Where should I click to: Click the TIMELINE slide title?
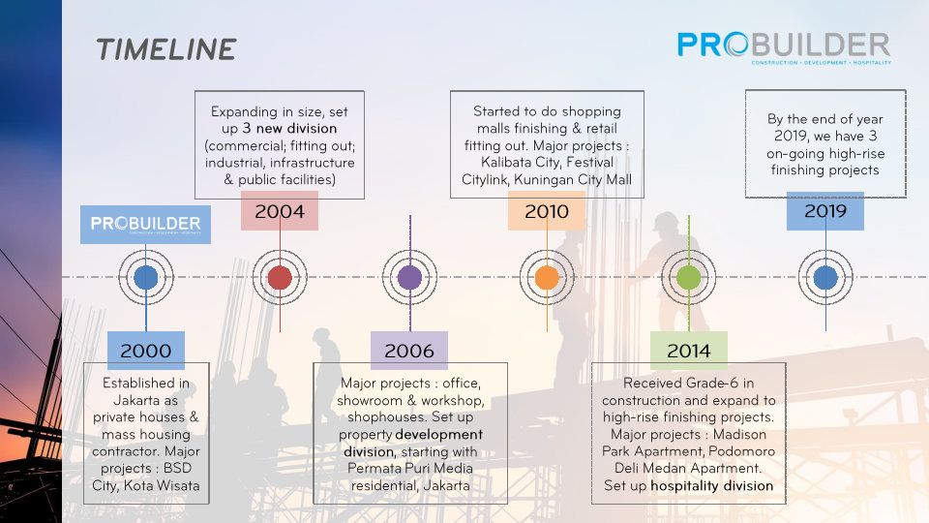coord(165,49)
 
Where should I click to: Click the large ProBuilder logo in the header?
coord(783,46)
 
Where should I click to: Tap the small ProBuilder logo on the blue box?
coord(145,224)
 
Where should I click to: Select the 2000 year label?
coord(146,351)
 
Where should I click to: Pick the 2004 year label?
coord(280,211)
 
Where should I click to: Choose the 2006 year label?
coord(409,351)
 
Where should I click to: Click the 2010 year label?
coord(547,211)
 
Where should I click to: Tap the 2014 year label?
coord(688,351)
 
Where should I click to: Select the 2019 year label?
coord(825,211)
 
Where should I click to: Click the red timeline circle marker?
coord(280,278)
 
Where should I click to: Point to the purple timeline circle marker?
coord(409,278)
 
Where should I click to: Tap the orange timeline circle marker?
coord(547,278)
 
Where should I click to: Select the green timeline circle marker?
coord(688,278)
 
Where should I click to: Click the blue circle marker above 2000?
coord(146,278)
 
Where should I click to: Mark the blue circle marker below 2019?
coord(825,278)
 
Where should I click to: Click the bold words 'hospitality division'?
coord(711,485)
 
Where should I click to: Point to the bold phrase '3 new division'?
coord(290,128)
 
